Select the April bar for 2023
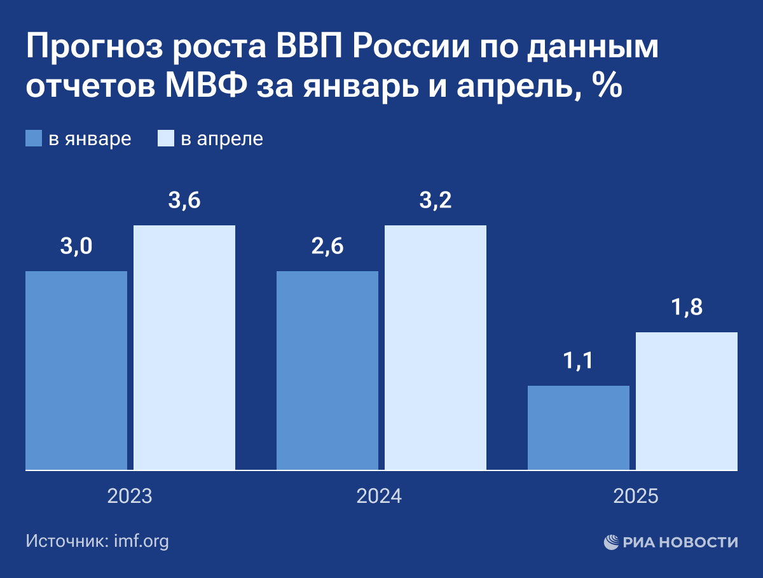[184, 348]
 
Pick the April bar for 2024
[436, 348]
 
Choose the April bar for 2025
[687, 401]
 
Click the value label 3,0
[76, 247]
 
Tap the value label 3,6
[184, 201]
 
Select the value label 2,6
[327, 247]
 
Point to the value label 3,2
[436, 201]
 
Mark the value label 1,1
[579, 362]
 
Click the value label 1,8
[687, 308]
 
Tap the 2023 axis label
[130, 497]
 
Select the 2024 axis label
[380, 497]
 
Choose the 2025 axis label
[636, 497]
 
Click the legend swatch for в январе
[34, 139]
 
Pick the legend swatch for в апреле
[165, 139]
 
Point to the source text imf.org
[141, 542]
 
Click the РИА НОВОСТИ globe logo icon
[612, 542]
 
